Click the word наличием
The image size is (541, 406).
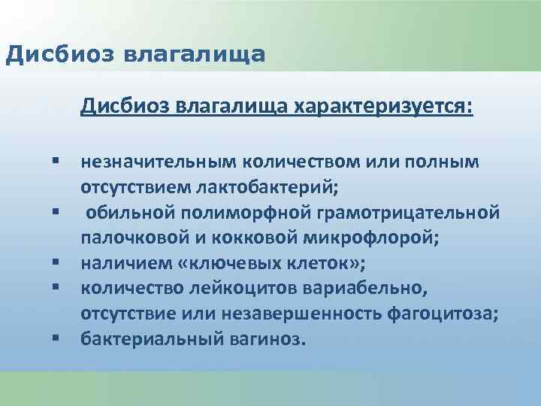[119, 263]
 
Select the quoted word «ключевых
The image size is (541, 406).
[207, 263]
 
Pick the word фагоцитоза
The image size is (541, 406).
[444, 314]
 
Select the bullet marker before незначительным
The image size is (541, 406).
[56, 162]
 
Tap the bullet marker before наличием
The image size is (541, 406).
[56, 264]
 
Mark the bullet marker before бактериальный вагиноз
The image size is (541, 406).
[56, 340]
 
